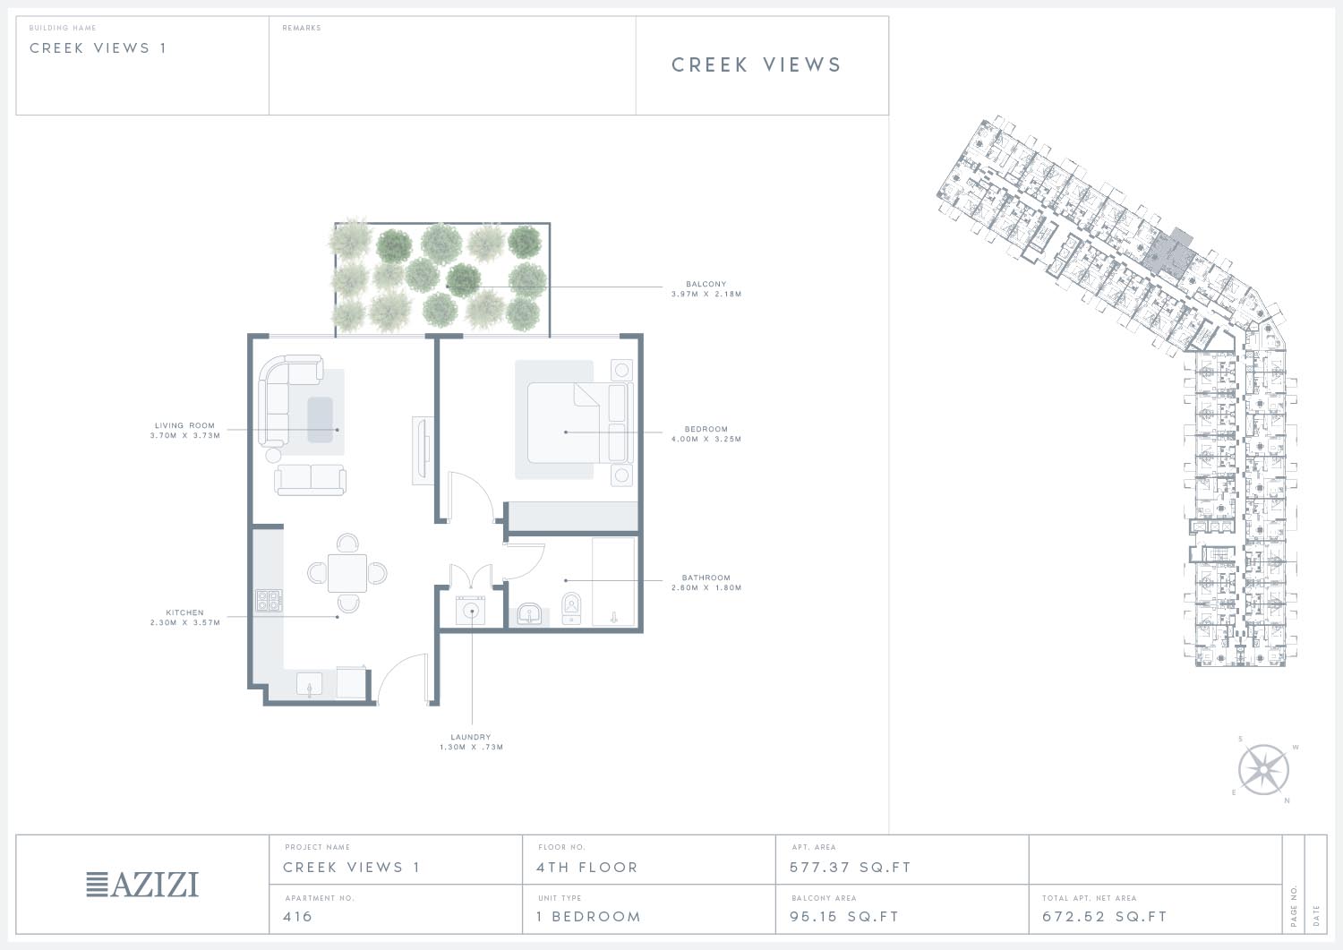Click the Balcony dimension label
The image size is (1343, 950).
[x=706, y=289]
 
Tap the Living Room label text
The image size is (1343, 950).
[x=184, y=431]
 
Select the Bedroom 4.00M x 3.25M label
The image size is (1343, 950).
[x=706, y=434]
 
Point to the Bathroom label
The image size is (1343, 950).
[x=706, y=583]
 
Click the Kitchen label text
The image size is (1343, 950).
[x=184, y=618]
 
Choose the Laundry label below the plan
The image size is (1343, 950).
[x=471, y=742]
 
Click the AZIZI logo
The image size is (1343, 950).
[x=142, y=885]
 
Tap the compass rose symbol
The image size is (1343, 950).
[x=1263, y=769]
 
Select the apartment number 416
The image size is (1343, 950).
[x=297, y=916]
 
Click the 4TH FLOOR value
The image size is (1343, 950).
[x=587, y=868]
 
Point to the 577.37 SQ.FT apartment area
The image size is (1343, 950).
[x=851, y=868]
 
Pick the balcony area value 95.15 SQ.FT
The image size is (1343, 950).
[x=844, y=916]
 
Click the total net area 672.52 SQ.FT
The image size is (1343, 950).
[x=1104, y=916]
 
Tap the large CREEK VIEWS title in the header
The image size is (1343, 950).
[x=757, y=64]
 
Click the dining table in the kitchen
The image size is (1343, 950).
[x=347, y=573]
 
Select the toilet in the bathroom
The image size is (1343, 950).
[x=571, y=608]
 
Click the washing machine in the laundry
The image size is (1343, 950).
[x=471, y=611]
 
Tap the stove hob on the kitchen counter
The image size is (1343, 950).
[x=269, y=600]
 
